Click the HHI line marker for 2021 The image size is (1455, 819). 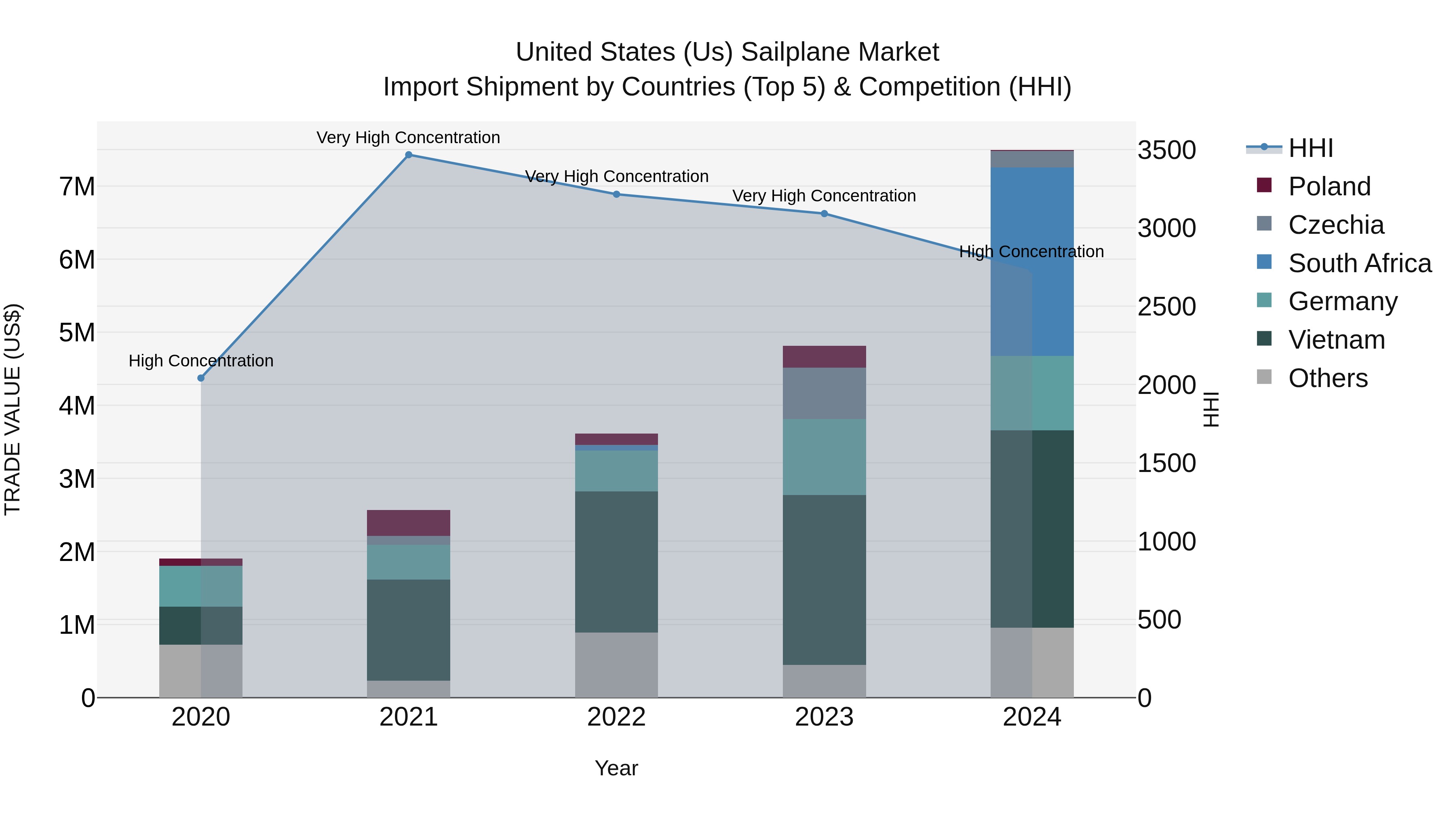(408, 155)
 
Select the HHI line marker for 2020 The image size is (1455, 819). (201, 378)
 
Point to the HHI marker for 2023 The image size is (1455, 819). (824, 214)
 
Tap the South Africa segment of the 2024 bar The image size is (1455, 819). (1032, 261)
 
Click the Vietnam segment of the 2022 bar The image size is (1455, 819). (616, 561)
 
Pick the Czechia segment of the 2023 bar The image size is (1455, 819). (824, 394)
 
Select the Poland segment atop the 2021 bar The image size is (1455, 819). (408, 523)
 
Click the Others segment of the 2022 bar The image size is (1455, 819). (616, 665)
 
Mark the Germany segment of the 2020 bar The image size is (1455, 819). (201, 586)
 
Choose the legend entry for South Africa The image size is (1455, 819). (1359, 263)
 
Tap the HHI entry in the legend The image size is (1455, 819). (1310, 148)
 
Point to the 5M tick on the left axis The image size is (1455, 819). (77, 333)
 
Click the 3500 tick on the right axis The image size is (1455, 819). (1166, 150)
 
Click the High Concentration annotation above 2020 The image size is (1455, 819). (201, 361)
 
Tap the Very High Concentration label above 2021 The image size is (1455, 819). (408, 138)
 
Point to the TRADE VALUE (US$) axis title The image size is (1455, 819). (13, 409)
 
